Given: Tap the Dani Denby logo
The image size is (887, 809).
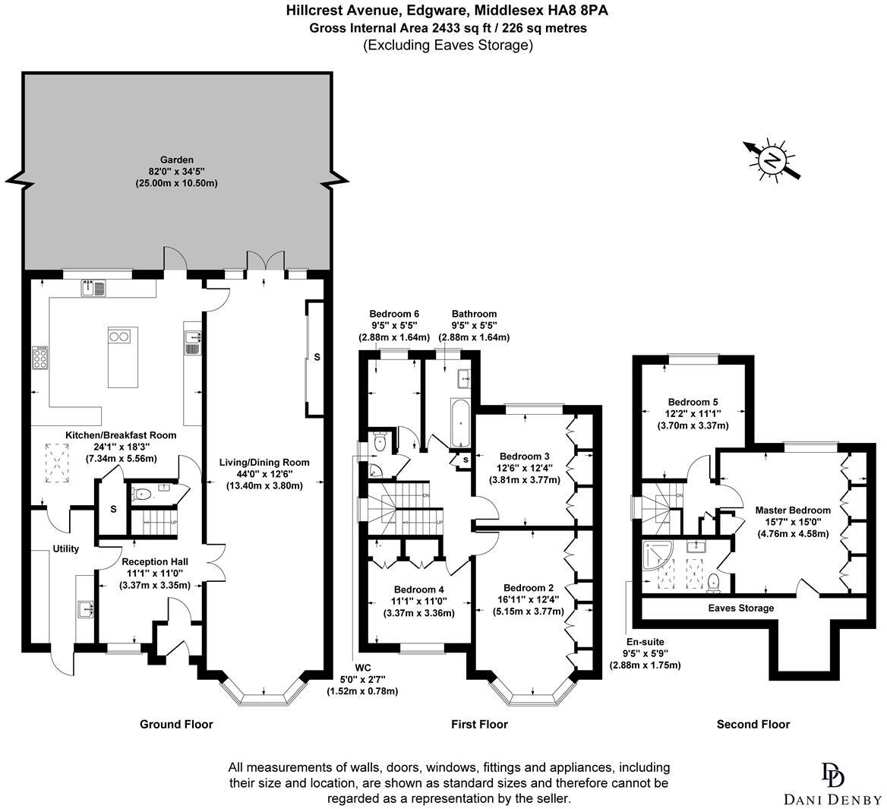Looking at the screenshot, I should tap(833, 782).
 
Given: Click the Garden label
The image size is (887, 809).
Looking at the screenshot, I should tap(176, 160).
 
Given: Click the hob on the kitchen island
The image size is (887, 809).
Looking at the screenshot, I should tap(119, 335).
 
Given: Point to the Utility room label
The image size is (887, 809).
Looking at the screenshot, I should tap(66, 548).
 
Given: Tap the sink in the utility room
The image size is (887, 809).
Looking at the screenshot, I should tap(84, 608).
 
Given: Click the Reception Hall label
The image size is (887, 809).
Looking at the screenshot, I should tap(155, 562).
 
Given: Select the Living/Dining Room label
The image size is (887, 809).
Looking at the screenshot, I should tap(264, 462).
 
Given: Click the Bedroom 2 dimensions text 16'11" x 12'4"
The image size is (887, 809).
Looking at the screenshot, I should tap(529, 599).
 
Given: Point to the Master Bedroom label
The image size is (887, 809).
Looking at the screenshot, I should tap(792, 510).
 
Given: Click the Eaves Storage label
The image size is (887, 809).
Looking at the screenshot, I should tap(740, 608).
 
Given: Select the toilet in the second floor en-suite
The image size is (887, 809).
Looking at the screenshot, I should tap(713, 582).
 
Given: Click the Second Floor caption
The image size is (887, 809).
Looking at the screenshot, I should tap(753, 724).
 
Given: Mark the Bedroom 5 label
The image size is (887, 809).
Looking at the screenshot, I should tap(693, 402).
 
